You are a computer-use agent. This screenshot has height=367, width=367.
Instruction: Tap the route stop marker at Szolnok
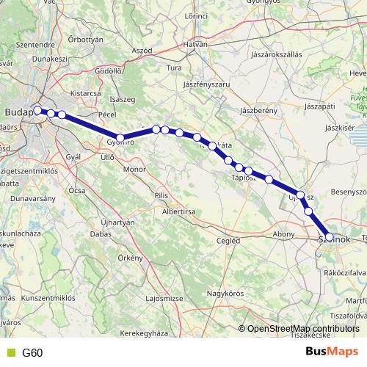[x=330, y=237]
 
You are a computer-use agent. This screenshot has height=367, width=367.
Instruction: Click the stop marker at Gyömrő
[x=120, y=137]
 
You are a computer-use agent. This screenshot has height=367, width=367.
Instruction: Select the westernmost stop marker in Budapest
[x=38, y=110]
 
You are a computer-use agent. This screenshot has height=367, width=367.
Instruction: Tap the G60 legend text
[x=32, y=352]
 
